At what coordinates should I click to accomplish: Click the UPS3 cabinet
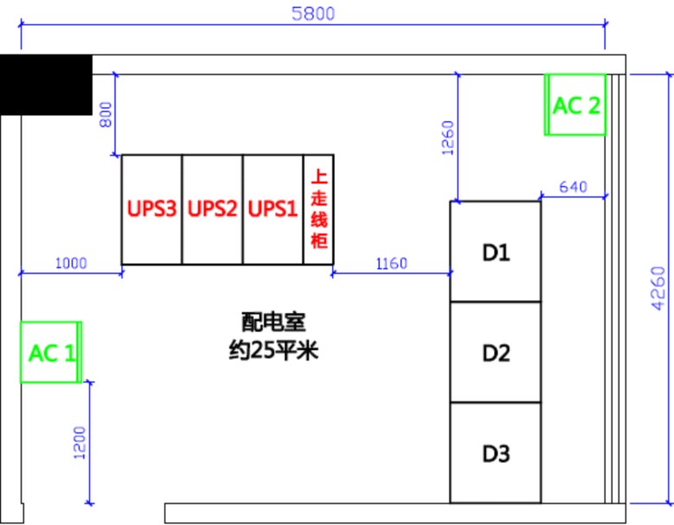coord(151,209)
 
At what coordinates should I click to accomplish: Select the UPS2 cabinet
coord(212,209)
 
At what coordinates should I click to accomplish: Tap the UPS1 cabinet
coord(273,209)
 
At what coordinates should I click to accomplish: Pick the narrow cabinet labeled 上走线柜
coord(318,209)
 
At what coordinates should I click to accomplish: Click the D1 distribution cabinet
coord(496,252)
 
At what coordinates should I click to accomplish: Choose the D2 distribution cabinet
coord(496,352)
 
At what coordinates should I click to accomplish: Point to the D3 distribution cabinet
coord(496,452)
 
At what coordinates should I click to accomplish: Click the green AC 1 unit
coord(50,352)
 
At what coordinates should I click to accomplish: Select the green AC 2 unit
coord(575,105)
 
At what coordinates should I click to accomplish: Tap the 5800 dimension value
coord(312,13)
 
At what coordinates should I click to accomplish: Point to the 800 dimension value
coord(106,113)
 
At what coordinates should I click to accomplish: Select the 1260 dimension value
coord(447,137)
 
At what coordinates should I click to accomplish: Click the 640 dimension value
coord(573,187)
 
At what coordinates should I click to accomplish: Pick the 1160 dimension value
coord(391,263)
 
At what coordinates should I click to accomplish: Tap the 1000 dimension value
coord(70,263)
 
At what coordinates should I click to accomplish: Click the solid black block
coord(46,84)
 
